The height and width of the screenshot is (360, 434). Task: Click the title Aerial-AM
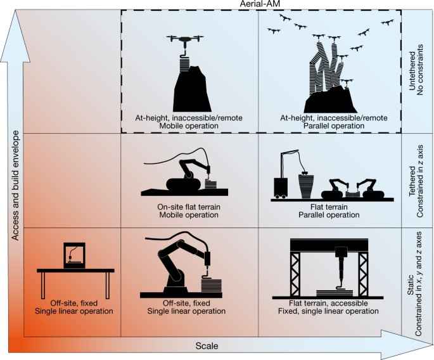pyautogui.click(x=260, y=4)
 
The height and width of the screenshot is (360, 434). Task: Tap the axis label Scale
pyautogui.click(x=207, y=346)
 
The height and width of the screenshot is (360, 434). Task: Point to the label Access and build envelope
pyautogui.click(x=15, y=186)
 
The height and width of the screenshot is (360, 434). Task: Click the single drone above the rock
pyautogui.click(x=185, y=40)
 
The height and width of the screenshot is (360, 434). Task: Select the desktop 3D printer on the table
pyautogui.click(x=75, y=255)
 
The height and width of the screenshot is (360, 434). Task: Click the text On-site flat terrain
pyautogui.click(x=189, y=207)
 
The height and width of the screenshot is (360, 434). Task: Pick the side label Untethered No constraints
pyautogui.click(x=416, y=70)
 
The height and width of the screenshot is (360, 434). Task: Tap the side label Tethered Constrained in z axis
pyautogui.click(x=416, y=181)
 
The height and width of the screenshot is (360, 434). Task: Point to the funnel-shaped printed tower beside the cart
pyautogui.click(x=305, y=185)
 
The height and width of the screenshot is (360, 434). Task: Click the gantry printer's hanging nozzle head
pyautogui.click(x=341, y=266)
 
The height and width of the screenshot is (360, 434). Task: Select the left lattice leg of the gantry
pyautogui.click(x=295, y=274)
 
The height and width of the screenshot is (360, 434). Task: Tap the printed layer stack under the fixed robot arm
pyautogui.click(x=212, y=285)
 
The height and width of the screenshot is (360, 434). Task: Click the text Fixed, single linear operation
pyautogui.click(x=328, y=311)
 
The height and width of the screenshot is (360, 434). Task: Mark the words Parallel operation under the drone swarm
pyautogui.click(x=334, y=125)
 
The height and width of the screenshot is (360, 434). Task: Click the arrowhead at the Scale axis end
pyautogui.click(x=407, y=345)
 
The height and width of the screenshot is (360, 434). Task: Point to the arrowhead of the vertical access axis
pyautogui.click(x=15, y=36)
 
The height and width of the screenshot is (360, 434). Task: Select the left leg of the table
pyautogui.click(x=43, y=285)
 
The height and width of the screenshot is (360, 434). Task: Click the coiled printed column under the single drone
pyautogui.click(x=184, y=63)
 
